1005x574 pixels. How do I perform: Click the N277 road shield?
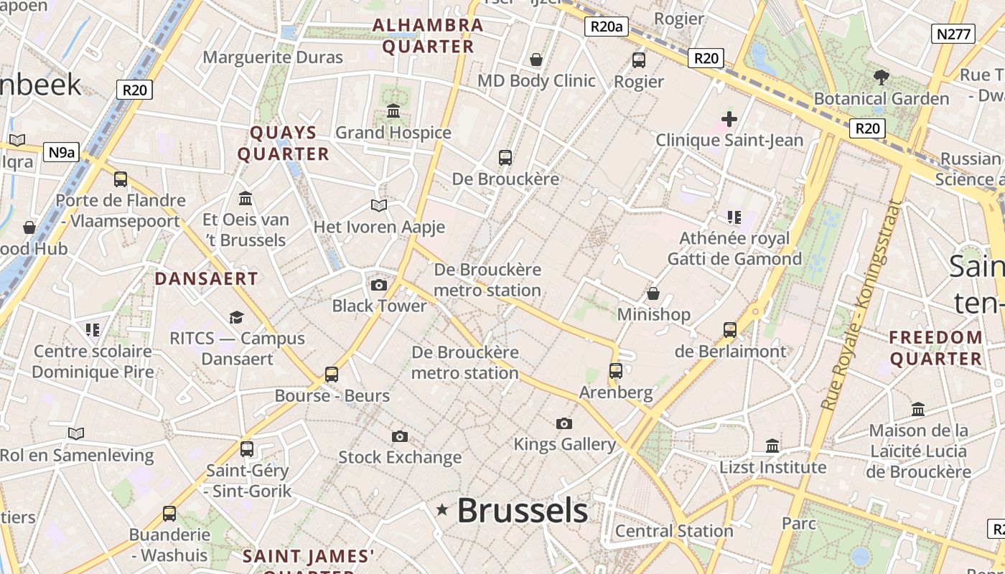[x=954, y=34]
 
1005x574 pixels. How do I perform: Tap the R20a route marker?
[x=607, y=27]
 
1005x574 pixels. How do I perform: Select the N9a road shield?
[x=62, y=152]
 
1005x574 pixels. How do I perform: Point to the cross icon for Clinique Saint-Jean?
[x=729, y=118]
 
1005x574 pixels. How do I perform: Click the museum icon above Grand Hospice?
[x=393, y=111]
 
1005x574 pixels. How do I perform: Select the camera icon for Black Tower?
[x=379, y=285]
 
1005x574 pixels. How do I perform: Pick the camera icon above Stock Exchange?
[x=400, y=436]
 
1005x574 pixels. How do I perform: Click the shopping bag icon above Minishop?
[x=653, y=293]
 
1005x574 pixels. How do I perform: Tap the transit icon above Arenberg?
[x=616, y=371]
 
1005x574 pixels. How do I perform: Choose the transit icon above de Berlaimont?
[x=730, y=330]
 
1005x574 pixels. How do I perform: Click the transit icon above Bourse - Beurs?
[x=332, y=375]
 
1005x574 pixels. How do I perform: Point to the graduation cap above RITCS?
[x=236, y=317]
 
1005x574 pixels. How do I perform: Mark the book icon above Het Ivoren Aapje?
[x=379, y=206]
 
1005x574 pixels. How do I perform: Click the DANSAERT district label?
[x=207, y=279]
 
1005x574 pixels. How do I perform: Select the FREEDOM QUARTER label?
[x=936, y=348]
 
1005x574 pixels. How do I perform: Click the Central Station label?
[x=674, y=531]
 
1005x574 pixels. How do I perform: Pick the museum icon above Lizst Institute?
[x=772, y=446]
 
